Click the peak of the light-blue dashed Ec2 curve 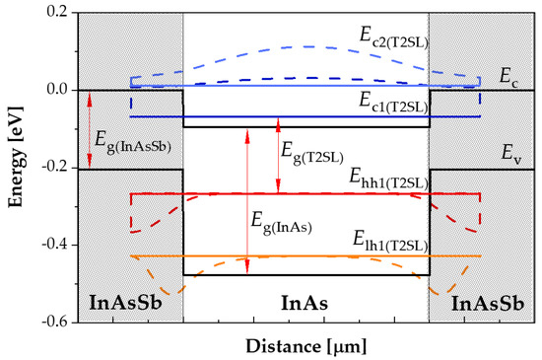point(307,46)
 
